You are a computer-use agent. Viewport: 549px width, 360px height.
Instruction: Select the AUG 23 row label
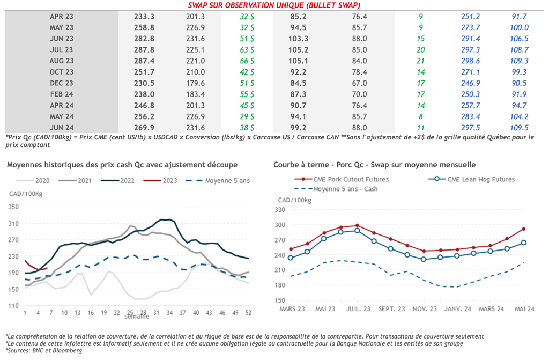[x=62, y=61]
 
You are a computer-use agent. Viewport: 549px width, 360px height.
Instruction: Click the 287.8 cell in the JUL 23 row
[x=144, y=50]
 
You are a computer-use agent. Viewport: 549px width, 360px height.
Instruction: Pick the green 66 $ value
[x=247, y=61]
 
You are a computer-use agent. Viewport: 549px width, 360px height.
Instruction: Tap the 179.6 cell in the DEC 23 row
[x=195, y=83]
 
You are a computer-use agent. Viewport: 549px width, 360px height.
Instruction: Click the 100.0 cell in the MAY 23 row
[x=520, y=27]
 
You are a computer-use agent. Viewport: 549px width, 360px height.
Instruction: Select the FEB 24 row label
[x=62, y=94]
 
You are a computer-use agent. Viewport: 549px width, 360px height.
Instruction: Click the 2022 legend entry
[x=120, y=180]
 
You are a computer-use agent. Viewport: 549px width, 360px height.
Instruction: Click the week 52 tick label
[x=248, y=312]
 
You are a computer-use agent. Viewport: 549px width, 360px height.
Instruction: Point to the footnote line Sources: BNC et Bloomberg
[x=44, y=351]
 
